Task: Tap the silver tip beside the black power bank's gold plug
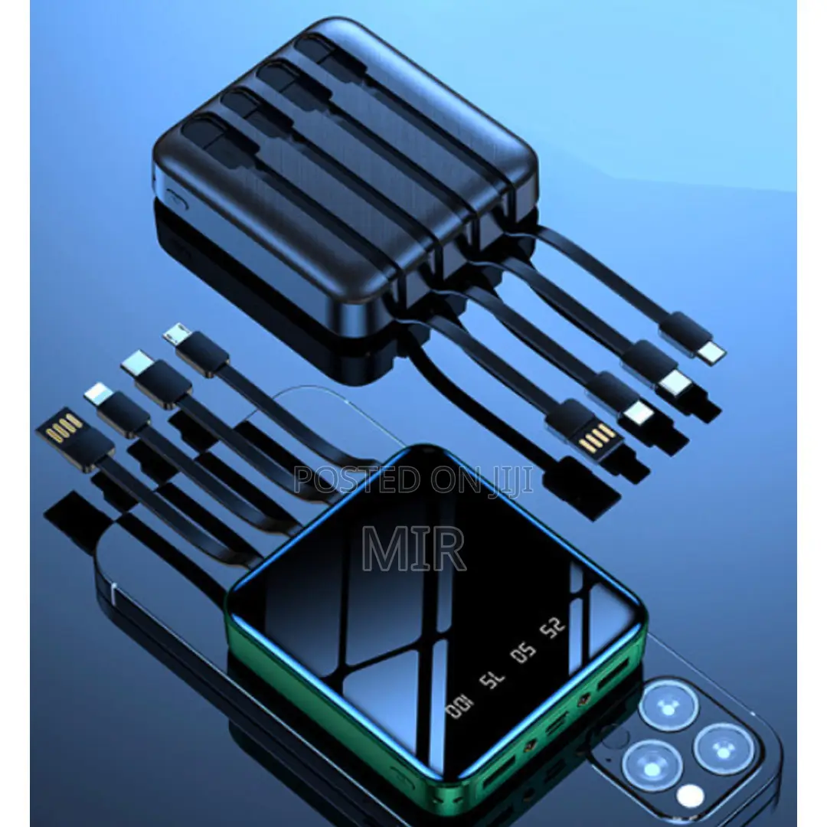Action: click(x=635, y=414)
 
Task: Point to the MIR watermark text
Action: click(x=413, y=549)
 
